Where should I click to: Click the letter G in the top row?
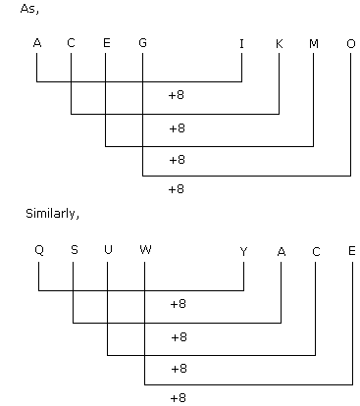(142, 43)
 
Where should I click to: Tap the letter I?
(241, 43)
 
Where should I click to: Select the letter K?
(280, 43)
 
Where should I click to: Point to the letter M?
(314, 43)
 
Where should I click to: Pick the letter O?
(351, 43)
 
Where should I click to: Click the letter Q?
(39, 250)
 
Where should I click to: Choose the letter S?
(75, 250)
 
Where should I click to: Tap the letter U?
(108, 250)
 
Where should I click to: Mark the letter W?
(145, 250)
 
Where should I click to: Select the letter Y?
(243, 252)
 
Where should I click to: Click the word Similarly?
(52, 214)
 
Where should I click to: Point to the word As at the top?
(29, 9)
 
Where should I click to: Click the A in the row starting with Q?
(282, 252)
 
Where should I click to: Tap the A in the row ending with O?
(37, 43)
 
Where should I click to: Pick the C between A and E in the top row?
(71, 43)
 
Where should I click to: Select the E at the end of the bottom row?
(352, 251)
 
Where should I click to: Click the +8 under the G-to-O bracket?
(177, 189)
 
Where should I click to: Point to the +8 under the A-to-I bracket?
(177, 95)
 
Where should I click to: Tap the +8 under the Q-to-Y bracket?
(179, 304)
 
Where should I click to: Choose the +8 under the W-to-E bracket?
(179, 398)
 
